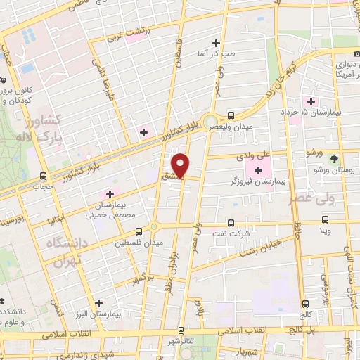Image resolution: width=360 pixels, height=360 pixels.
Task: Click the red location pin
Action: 182,165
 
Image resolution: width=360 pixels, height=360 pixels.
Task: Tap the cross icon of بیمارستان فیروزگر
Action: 258,170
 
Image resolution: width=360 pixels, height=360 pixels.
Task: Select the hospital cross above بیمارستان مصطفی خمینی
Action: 110,193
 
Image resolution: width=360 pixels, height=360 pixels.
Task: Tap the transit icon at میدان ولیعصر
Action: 231,115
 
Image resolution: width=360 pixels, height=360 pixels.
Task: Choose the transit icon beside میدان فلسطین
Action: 153,228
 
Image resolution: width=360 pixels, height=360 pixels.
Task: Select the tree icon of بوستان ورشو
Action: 334,159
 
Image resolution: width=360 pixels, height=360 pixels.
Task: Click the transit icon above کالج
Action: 305,303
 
